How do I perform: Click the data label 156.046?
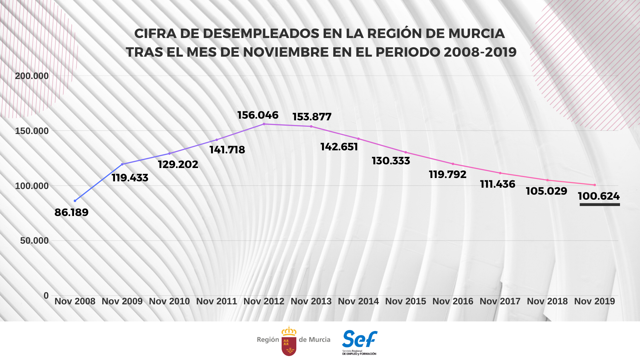click(258, 115)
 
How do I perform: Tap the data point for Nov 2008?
click(75, 201)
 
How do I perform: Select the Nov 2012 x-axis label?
click(264, 301)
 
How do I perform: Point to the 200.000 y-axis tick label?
click(32, 76)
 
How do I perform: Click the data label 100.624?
click(599, 196)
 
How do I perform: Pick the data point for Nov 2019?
click(595, 185)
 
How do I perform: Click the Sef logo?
click(359, 342)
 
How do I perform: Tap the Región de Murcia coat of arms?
click(289, 341)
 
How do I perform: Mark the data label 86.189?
click(71, 212)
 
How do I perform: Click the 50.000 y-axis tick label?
click(34, 241)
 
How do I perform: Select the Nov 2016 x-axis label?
click(453, 301)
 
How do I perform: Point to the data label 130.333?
click(391, 161)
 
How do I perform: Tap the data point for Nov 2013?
click(311, 126)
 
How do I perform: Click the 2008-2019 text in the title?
click(480, 52)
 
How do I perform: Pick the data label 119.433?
click(130, 178)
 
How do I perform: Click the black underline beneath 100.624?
click(600, 204)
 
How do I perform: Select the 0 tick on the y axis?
click(46, 296)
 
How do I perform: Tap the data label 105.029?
click(546, 191)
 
